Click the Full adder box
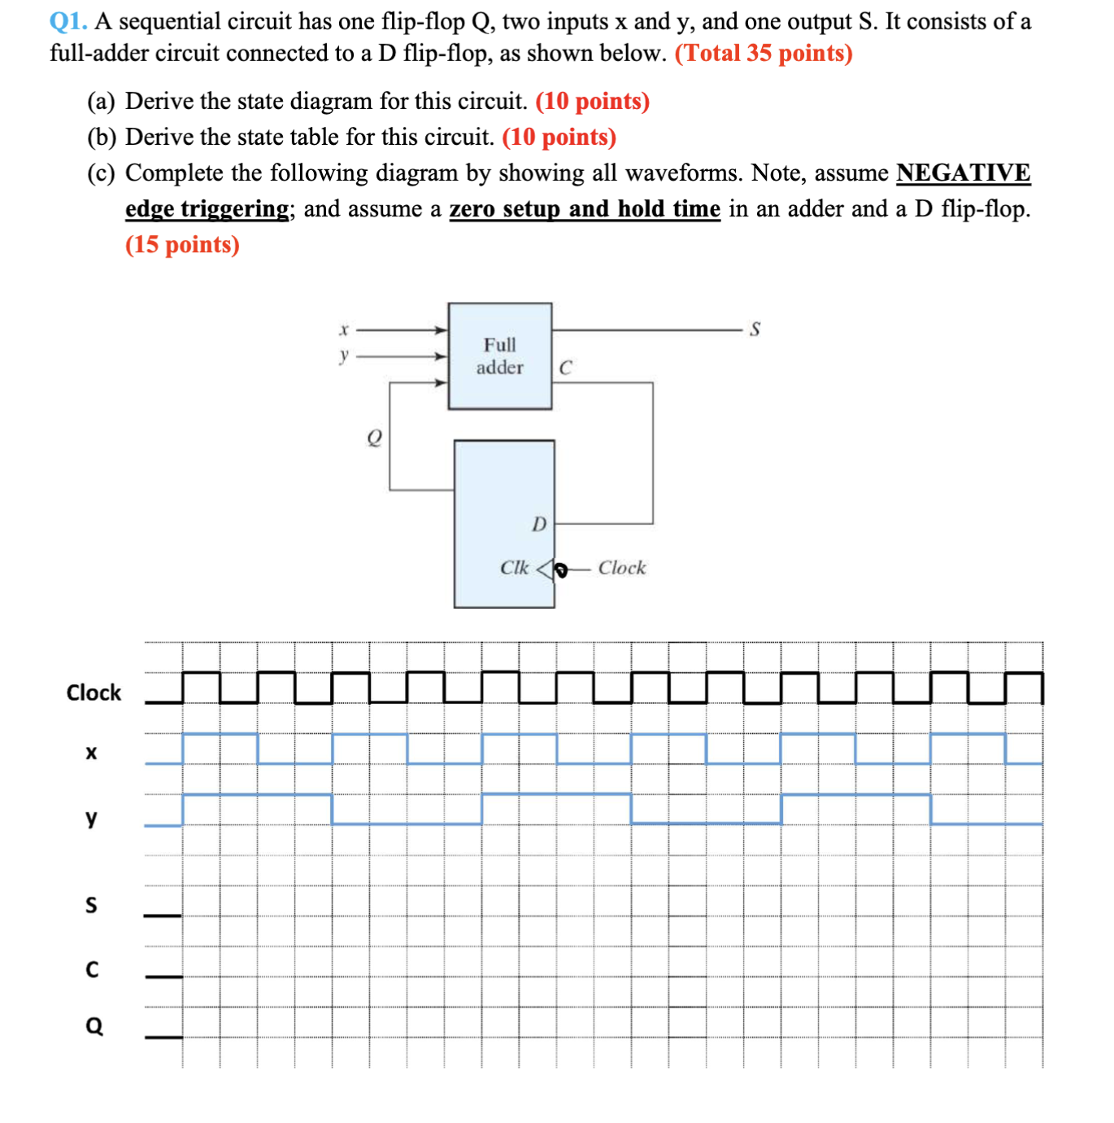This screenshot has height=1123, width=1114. (x=499, y=356)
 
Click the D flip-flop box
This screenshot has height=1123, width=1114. (x=503, y=522)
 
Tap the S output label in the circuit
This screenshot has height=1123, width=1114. (x=755, y=330)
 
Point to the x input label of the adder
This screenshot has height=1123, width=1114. (x=344, y=330)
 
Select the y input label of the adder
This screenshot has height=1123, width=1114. (x=344, y=355)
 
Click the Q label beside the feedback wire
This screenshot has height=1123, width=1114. (x=374, y=438)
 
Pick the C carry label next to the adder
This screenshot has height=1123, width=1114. (x=565, y=368)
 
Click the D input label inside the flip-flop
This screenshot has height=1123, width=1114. (x=539, y=524)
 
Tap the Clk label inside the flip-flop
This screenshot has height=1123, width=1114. (x=514, y=567)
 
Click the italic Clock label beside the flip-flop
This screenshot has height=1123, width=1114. (x=621, y=568)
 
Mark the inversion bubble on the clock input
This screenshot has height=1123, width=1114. (x=560, y=569)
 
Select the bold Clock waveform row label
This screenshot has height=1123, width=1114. (x=94, y=693)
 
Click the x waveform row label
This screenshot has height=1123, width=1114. (x=91, y=753)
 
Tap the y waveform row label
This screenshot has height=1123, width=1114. (x=91, y=817)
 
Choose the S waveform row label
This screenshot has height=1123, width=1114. (x=91, y=905)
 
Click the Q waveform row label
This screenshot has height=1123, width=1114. (x=94, y=1026)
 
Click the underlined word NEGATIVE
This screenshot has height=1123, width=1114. (x=963, y=173)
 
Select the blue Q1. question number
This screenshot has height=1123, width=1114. (x=68, y=21)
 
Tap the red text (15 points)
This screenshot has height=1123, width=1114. (x=182, y=244)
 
